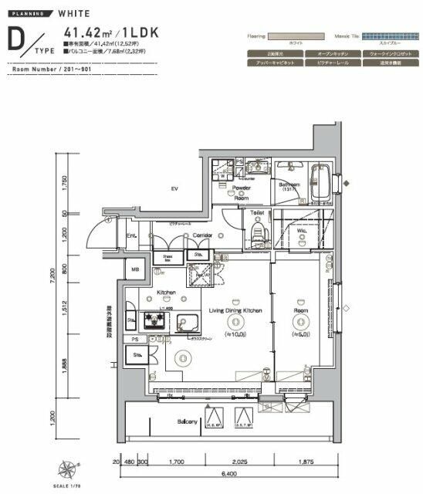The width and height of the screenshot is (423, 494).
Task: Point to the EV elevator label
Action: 174,188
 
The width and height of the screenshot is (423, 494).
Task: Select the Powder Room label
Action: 242,193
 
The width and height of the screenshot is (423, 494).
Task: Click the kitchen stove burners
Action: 149,322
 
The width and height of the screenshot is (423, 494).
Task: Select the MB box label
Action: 135,269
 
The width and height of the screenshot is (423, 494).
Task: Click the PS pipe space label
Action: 135,339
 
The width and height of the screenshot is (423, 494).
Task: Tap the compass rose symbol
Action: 68,468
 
